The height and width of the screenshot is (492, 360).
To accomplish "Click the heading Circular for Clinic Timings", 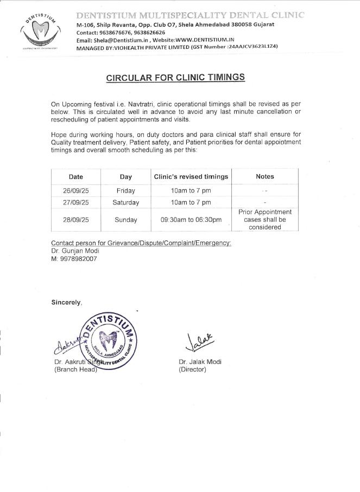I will tap(175, 78).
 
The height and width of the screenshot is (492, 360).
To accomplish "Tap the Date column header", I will tap(76, 176).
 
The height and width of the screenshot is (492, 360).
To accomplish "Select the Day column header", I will tap(126, 176).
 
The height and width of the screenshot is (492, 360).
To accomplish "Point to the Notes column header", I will tap(265, 176).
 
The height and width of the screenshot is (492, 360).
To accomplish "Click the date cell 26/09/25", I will tap(76, 191).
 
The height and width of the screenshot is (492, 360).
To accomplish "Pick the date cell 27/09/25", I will tap(76, 202).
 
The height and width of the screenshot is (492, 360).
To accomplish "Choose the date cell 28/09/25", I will tap(76, 220).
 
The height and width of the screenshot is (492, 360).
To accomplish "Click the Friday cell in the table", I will tap(126, 191).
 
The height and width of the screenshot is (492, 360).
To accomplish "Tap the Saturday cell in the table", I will tap(126, 202).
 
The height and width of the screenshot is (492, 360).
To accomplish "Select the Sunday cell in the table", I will tap(126, 220).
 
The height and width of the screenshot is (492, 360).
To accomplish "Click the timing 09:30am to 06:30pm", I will tap(191, 220).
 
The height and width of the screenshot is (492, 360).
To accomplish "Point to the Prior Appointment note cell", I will tap(265, 219).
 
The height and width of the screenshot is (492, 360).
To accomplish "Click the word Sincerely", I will tap(67, 302).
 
